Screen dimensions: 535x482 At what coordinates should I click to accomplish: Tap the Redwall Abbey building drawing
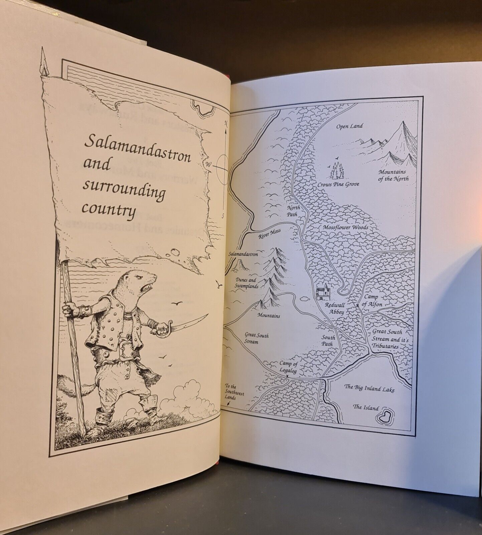(x=323, y=292)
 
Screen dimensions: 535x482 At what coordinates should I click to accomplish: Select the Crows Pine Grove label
(x=338, y=184)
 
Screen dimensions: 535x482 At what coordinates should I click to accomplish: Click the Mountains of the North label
(x=393, y=175)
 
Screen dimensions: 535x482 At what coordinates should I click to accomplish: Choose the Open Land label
(x=349, y=126)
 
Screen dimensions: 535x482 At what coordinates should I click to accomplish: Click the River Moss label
(x=269, y=233)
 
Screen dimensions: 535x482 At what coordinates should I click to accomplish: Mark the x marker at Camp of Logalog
(x=287, y=376)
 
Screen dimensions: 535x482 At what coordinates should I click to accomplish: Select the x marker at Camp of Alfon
(x=358, y=305)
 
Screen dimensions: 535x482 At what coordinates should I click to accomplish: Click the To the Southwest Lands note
(x=234, y=392)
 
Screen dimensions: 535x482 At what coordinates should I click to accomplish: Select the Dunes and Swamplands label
(x=245, y=284)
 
